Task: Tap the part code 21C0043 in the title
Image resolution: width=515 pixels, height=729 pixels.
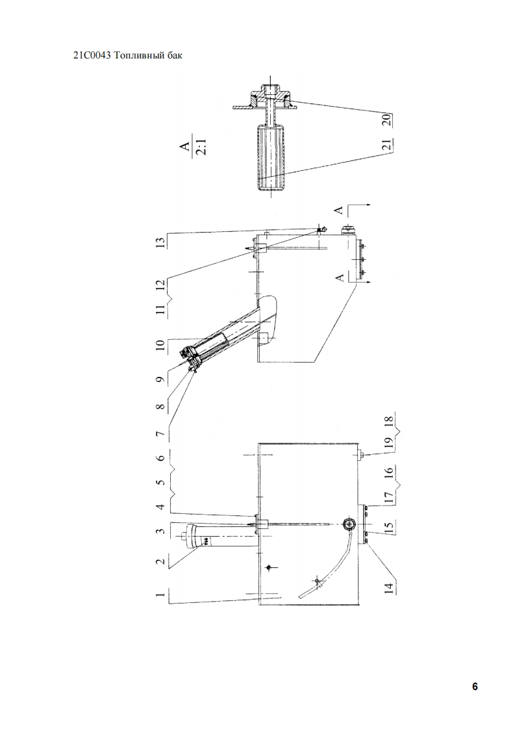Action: click(x=92, y=55)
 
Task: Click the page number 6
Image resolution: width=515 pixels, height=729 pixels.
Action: click(x=475, y=687)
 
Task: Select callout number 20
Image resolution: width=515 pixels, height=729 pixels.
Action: click(x=386, y=120)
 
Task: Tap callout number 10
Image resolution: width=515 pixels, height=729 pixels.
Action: click(x=160, y=345)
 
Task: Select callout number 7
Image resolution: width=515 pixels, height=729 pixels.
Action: click(x=160, y=434)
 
